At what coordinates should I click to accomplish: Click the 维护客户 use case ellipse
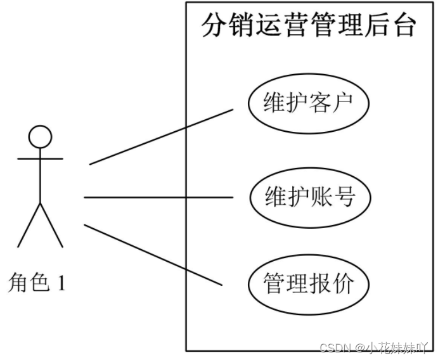[308, 103]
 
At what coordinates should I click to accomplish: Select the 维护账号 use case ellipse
[308, 197]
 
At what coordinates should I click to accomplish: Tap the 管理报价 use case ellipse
[308, 283]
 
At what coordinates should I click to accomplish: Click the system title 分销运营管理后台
[309, 26]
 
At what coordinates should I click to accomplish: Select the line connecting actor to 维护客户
[162, 136]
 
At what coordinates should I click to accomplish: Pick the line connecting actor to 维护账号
[158, 197]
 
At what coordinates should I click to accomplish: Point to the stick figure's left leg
[29, 225]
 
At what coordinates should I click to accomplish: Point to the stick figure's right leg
[51, 225]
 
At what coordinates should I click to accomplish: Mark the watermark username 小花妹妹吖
[396, 347]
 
